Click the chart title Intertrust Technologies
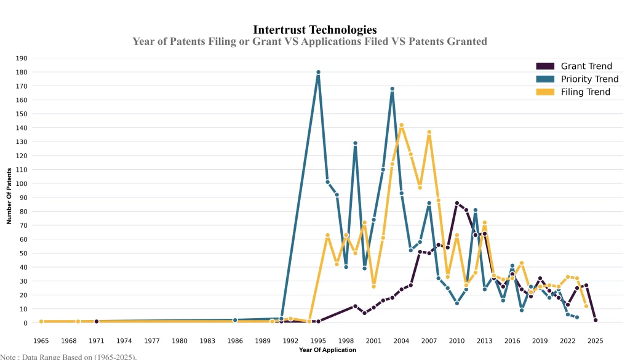[314, 30]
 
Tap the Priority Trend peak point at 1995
[318, 72]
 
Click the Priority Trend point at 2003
[392, 89]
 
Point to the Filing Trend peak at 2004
[401, 125]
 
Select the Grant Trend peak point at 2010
[457, 203]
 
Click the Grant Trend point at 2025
[596, 320]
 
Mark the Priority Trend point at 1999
[355, 143]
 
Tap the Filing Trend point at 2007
[429, 132]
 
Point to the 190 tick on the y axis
[23, 58]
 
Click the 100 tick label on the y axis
[23, 183]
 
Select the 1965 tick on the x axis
[41, 340]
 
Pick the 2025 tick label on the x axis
[596, 340]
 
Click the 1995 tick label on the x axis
[318, 340]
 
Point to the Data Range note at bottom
[68, 356]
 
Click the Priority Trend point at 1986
[235, 320]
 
